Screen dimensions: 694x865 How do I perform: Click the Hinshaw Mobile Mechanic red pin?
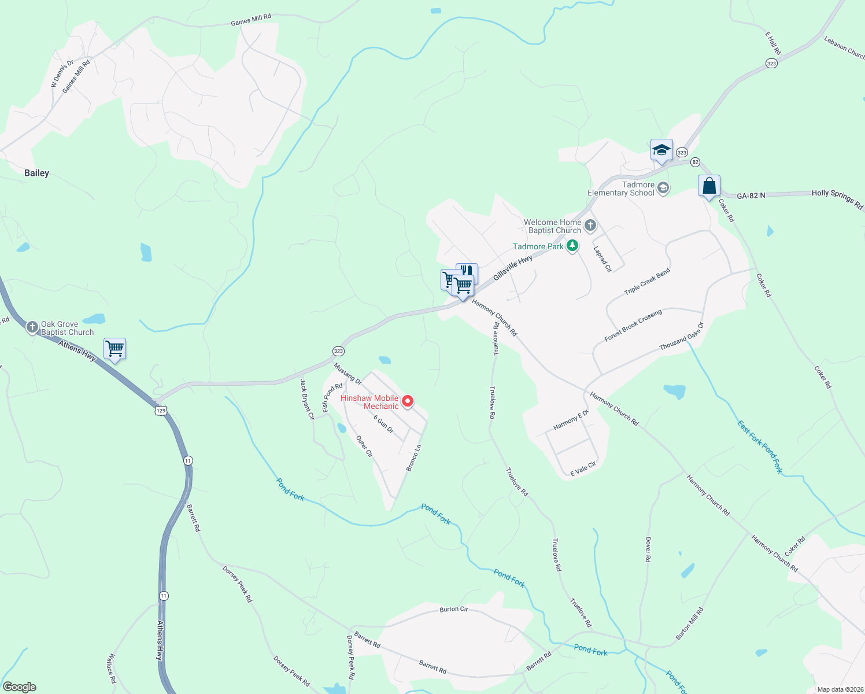pos(408,401)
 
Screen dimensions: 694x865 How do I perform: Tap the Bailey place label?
pos(36,173)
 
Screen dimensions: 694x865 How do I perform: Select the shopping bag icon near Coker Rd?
pos(709,187)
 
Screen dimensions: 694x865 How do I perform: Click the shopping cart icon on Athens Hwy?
pos(114,349)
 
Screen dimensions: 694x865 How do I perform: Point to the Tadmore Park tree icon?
pos(572,246)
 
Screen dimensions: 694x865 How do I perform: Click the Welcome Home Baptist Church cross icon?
pos(590,226)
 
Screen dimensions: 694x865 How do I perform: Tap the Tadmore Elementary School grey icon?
pos(663,188)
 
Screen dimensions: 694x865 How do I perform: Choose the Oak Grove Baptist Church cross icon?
pos(32,327)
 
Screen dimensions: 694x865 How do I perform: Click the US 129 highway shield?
pos(161,411)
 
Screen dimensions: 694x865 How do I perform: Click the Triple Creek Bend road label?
pos(647,282)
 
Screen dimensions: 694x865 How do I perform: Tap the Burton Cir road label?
pos(454,609)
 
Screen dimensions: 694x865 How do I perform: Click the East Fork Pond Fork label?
pos(760,447)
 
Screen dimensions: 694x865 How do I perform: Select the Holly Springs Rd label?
pos(837,198)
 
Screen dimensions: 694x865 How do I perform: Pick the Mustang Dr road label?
pos(348,374)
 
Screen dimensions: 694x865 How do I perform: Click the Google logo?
pos(20,686)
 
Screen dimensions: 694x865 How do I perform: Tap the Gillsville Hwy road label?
pos(512,268)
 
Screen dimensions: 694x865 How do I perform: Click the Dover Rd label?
pos(648,549)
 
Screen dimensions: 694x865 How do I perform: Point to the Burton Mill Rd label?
pos(690,623)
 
